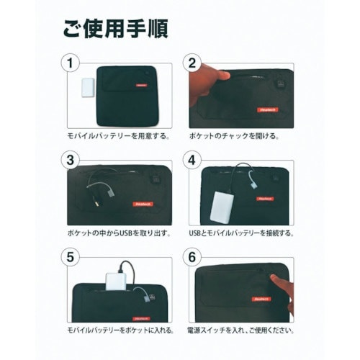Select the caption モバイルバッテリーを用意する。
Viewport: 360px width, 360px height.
pyautogui.click(x=112, y=135)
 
